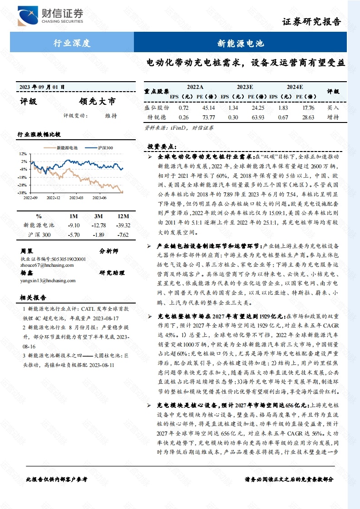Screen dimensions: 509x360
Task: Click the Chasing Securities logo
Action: [x=50, y=16]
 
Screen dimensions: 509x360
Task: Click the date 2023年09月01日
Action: [x=42, y=87]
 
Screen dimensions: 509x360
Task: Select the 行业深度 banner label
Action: [x=72, y=44]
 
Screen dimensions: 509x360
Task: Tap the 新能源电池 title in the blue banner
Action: [x=241, y=44]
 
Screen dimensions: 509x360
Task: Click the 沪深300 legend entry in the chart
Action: [x=105, y=148]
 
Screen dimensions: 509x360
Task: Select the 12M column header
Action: [x=123, y=216]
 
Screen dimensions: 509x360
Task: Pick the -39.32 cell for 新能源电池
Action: [x=123, y=225]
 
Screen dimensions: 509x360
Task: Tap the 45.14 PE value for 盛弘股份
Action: [x=208, y=108]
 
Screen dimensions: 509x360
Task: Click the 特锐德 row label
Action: [x=157, y=117]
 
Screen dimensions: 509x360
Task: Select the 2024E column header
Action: [x=295, y=87]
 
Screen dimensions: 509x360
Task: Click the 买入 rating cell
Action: [x=333, y=108]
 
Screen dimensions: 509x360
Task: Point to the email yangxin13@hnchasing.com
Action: [x=48, y=280]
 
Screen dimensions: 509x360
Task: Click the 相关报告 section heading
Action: [x=33, y=298]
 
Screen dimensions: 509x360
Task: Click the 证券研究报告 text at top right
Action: [x=311, y=21]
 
